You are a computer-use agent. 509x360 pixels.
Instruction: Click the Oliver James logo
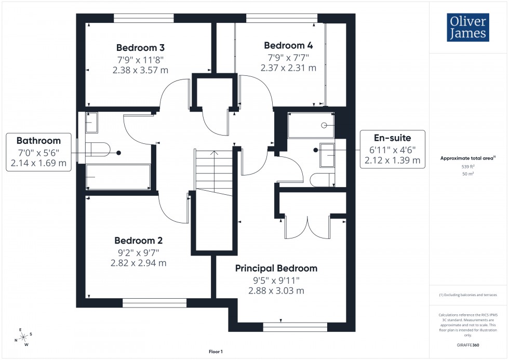(467, 28)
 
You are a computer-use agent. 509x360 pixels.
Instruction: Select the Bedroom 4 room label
(288, 45)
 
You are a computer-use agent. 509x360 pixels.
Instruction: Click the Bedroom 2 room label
(139, 241)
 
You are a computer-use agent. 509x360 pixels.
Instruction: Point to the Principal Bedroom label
(276, 269)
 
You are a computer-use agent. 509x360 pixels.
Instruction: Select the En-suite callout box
(392, 148)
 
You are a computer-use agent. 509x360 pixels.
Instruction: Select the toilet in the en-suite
(323, 180)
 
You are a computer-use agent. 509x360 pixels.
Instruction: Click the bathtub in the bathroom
(118, 177)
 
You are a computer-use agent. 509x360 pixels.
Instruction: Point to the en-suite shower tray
(311, 125)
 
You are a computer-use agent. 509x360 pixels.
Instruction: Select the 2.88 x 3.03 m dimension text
(276, 291)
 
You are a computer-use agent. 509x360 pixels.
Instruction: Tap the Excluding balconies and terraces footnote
(468, 295)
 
